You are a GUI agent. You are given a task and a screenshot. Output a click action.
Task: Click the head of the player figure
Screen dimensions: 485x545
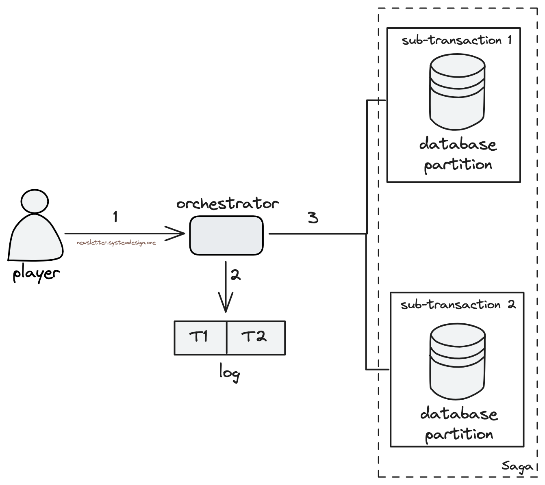(35, 201)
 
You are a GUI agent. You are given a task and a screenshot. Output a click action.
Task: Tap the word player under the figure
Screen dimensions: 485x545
(36, 273)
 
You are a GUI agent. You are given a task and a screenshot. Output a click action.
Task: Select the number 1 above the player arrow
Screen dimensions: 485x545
(115, 217)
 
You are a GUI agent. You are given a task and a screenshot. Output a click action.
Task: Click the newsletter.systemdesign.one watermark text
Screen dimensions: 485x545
(116, 243)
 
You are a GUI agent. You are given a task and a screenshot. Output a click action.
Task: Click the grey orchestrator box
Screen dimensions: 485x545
(226, 236)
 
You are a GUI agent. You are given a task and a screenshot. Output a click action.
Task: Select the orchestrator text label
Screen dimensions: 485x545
(228, 204)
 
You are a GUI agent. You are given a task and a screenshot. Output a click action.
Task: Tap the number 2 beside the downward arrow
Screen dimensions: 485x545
(235, 275)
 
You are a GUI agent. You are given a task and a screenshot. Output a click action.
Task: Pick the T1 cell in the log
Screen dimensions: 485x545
(200, 337)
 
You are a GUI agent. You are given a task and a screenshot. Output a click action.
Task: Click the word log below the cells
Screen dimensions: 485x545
(229, 372)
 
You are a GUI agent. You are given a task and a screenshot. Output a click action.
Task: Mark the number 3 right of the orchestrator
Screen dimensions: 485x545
(313, 218)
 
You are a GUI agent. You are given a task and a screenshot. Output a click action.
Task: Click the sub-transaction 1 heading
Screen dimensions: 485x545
(456, 41)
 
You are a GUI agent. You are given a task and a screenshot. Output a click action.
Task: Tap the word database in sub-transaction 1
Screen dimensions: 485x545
(458, 145)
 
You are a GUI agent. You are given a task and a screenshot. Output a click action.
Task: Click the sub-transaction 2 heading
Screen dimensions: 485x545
(458, 305)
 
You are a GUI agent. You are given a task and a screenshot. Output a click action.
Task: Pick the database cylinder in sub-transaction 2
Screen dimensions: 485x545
(458, 362)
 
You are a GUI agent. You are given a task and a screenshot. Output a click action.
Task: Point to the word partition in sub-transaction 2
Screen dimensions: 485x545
(459, 435)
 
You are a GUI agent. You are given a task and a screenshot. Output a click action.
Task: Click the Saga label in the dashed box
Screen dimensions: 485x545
(517, 466)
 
